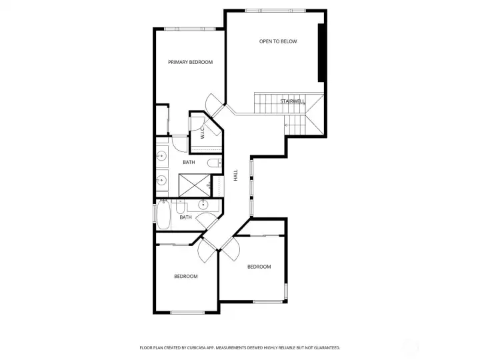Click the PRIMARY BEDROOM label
pos(190,62)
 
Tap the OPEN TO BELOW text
pos(278,41)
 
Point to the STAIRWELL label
pos(293,101)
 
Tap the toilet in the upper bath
pos(213,163)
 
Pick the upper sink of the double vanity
pos(161,157)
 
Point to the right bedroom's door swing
pos(230,252)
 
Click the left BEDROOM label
pos(186,276)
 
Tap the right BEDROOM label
pos(259,267)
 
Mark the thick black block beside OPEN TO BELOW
pos(322,52)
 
